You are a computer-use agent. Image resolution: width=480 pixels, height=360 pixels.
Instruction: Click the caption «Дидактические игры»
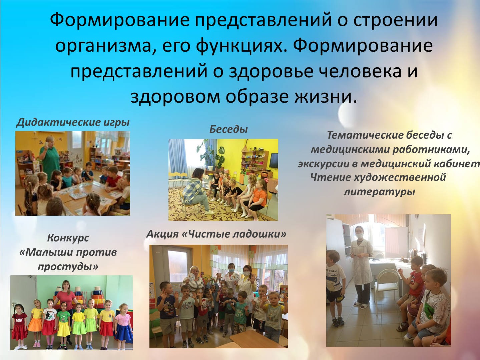coord(73,122)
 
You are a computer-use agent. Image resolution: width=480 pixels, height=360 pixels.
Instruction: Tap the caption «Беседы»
coord(228,129)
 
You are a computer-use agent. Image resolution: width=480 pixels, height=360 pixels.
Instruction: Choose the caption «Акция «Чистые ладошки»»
coord(216,234)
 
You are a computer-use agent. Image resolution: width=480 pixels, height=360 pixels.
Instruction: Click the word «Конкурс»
coord(68,238)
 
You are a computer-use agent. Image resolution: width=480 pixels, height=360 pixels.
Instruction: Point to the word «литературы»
coord(379,192)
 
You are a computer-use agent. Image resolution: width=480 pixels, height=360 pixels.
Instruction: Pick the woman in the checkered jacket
coord(196,190)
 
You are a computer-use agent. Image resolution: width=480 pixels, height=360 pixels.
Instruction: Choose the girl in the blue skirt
coord(124,326)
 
